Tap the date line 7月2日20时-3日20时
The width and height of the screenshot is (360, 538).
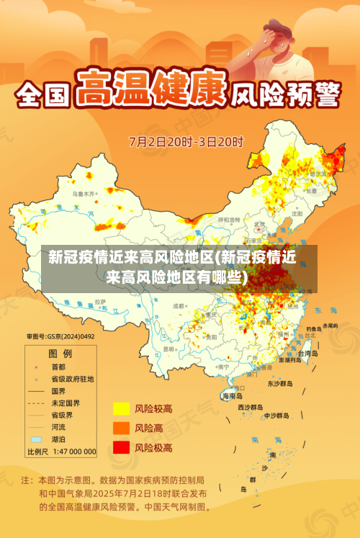point(186,140)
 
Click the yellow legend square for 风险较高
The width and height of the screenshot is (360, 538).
point(121,408)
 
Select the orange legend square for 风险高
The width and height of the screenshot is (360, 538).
point(121,428)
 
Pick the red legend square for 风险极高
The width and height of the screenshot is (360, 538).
point(121,447)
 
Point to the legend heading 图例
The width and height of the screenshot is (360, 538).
point(60,354)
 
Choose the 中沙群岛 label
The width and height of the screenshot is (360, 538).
point(276,416)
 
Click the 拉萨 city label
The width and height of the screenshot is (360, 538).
point(100,301)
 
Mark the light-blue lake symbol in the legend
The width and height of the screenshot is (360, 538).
point(36,439)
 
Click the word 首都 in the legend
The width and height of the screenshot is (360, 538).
point(58,366)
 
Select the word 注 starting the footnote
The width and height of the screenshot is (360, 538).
point(26,479)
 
